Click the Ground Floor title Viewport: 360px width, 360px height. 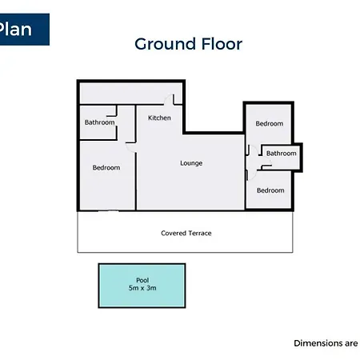188,44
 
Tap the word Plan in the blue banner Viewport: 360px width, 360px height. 15,29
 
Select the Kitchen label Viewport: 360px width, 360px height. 159,118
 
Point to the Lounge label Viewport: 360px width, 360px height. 191,163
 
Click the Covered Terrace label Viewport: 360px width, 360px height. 186,234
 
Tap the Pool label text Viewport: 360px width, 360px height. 142,280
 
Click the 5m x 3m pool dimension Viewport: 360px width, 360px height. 142,288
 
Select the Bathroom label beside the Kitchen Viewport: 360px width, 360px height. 99,122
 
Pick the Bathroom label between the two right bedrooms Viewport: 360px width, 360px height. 281,154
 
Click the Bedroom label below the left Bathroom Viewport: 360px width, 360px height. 106,168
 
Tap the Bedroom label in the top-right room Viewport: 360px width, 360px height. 270,124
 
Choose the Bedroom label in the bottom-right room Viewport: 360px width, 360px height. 270,190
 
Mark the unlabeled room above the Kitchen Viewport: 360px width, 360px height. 130,94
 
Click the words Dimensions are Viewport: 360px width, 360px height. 326,343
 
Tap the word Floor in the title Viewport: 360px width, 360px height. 222,44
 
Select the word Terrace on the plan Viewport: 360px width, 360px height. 199,234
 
